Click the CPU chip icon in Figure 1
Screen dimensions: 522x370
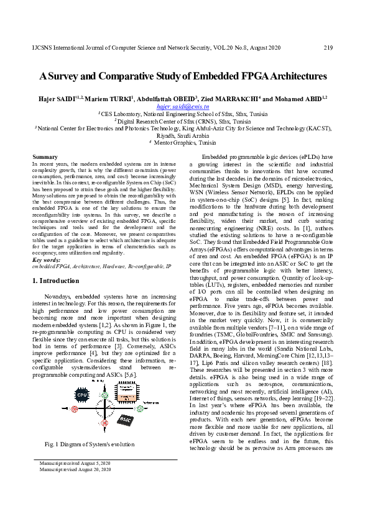point(82,394)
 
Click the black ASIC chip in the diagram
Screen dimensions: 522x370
point(125,419)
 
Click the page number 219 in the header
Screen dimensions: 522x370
point(329,48)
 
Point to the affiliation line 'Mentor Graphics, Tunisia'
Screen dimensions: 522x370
point(185,142)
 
